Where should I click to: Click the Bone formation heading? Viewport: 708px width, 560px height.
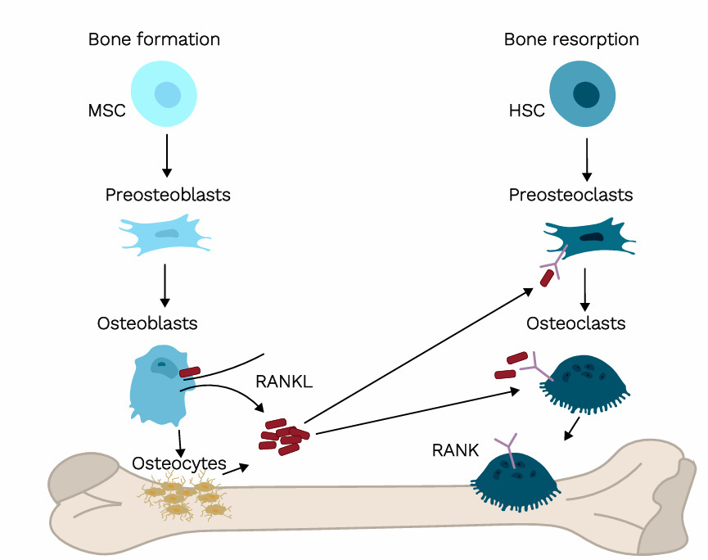click(154, 39)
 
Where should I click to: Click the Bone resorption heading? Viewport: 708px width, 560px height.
click(571, 39)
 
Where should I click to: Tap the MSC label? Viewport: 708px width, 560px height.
click(106, 111)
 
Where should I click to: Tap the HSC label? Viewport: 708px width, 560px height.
click(526, 111)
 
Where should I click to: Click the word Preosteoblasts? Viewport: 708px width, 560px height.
click(167, 195)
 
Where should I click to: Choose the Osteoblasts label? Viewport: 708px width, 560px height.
click(147, 323)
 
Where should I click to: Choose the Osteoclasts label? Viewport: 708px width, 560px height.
click(575, 323)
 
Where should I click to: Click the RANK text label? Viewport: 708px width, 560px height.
click(455, 451)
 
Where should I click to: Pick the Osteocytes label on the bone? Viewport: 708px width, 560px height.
click(179, 463)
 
